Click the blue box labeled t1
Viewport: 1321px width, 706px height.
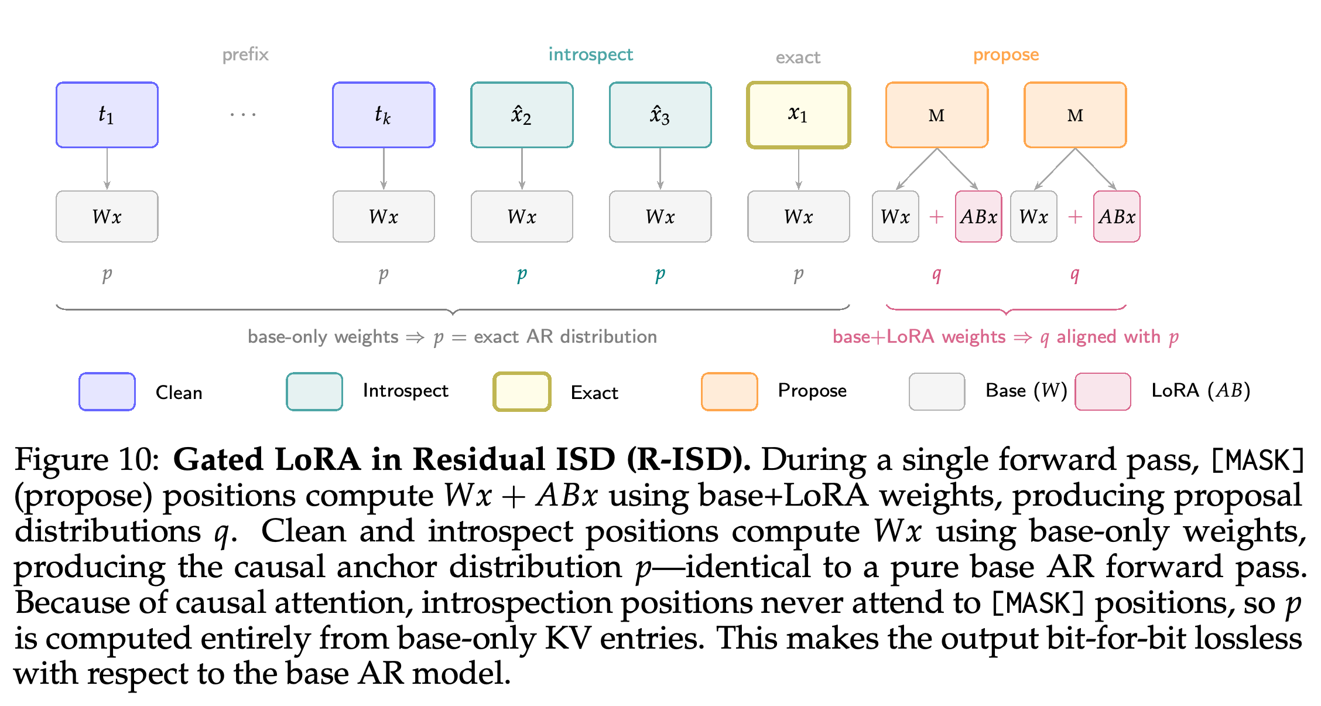click(x=107, y=115)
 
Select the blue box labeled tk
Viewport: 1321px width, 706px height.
click(x=384, y=115)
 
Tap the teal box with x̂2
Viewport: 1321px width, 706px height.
click(x=522, y=115)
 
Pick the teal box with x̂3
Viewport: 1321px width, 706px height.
click(x=660, y=115)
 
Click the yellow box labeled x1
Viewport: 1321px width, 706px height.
click(x=798, y=115)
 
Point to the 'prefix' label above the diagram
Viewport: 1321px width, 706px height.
click(x=245, y=54)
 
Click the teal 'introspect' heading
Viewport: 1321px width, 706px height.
click(x=590, y=54)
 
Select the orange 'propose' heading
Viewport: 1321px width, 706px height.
click(x=1006, y=55)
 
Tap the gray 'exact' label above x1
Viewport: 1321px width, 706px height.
click(x=798, y=57)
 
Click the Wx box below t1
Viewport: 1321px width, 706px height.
click(x=107, y=216)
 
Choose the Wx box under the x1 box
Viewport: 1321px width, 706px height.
click(x=798, y=216)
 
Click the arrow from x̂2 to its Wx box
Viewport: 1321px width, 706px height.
click(x=522, y=169)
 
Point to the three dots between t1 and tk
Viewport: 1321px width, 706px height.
click(x=243, y=114)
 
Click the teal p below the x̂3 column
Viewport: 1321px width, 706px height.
click(x=660, y=274)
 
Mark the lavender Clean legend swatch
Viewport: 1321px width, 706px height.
click(x=107, y=391)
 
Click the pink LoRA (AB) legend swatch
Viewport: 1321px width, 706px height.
click(x=1103, y=391)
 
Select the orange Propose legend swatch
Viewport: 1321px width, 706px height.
click(x=729, y=391)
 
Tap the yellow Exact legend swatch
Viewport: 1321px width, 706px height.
click(x=522, y=391)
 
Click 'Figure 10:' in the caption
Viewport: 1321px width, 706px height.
click(x=87, y=459)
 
